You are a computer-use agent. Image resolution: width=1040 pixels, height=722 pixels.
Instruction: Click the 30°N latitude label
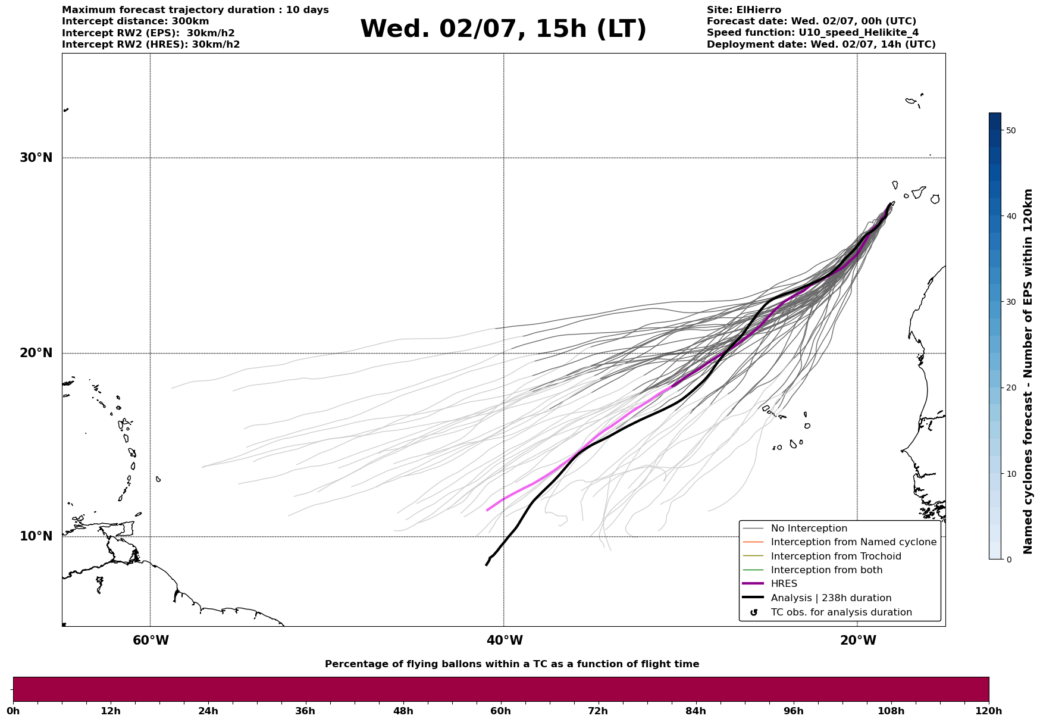pos(36,158)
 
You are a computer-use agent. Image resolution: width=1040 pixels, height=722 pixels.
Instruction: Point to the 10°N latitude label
pos(36,536)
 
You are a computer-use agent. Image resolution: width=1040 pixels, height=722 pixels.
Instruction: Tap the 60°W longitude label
pos(151,640)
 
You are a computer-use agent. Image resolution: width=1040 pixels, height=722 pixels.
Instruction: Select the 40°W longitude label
pos(505,640)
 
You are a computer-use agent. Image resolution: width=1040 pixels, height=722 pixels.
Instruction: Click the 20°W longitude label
pos(858,640)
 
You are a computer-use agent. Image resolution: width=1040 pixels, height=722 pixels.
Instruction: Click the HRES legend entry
pos(784,584)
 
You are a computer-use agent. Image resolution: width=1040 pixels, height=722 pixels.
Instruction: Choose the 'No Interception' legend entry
pos(809,529)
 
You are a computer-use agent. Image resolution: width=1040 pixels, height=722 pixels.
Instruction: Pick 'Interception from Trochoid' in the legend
pos(835,557)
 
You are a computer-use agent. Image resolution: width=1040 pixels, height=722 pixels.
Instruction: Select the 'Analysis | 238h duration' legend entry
pos(831,598)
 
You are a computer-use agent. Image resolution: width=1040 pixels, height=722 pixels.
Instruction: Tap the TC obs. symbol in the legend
pos(754,612)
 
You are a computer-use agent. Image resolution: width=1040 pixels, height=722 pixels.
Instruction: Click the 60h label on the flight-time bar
pos(500,711)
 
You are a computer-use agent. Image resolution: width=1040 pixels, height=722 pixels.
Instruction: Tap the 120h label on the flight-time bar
pos(989,711)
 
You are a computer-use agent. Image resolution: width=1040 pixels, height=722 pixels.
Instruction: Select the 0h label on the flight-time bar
pos(14,711)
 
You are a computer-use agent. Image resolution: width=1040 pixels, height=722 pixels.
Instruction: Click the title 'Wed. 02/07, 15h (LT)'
pos(503,29)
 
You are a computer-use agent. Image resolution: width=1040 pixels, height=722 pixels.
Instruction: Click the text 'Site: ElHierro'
pos(744,10)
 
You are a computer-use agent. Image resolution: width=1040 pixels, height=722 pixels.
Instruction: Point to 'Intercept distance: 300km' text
pos(135,21)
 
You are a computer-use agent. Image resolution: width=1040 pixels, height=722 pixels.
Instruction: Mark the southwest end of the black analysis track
pos(486,565)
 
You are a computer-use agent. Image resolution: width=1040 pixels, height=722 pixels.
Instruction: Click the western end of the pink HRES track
pos(487,510)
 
